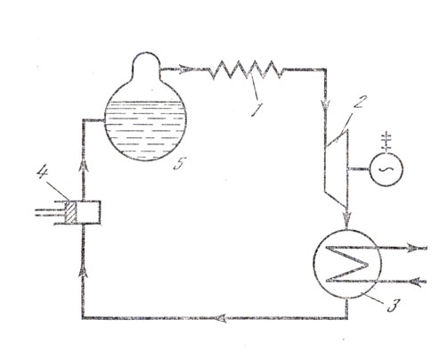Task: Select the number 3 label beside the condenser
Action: (393, 305)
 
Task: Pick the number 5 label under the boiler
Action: (180, 163)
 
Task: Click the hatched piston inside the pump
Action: (71, 212)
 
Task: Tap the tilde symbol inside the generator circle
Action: (386, 169)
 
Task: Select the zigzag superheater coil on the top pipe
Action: (246, 70)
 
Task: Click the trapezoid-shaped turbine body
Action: (337, 168)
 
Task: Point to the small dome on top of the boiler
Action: (145, 63)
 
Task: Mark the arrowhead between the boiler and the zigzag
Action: (184, 69)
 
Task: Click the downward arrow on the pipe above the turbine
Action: (325, 105)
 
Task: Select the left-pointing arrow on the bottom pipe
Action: (223, 318)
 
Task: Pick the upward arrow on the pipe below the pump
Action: (84, 270)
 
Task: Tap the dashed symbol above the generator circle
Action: (386, 141)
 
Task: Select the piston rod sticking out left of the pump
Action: (50, 212)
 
